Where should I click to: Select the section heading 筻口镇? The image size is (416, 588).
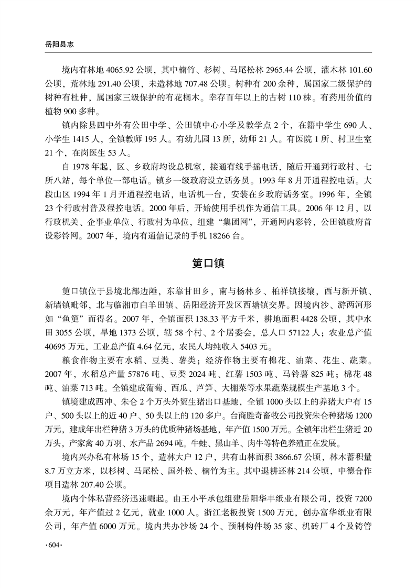(x=208, y=263)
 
